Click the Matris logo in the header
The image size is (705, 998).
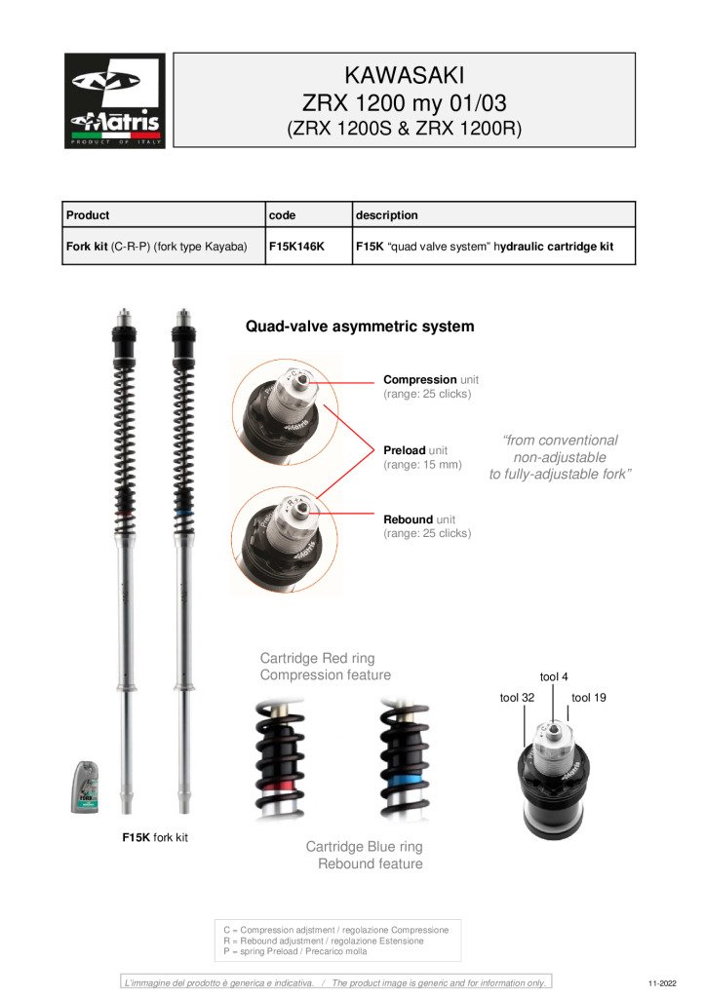(115, 100)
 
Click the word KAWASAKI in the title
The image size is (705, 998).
(404, 75)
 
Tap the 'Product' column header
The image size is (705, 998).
(88, 214)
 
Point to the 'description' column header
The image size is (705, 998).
(387, 214)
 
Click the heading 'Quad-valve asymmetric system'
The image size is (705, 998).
(359, 326)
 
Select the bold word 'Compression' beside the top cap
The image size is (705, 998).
(419, 379)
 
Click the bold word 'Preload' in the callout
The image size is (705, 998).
(405, 450)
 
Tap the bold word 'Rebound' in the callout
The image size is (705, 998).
(406, 519)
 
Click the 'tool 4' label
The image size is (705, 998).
(554, 676)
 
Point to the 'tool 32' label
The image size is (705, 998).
(517, 698)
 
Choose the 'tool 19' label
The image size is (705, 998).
(589, 698)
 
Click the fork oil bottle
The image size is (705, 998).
(85, 787)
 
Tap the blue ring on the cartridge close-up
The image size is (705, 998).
(404, 782)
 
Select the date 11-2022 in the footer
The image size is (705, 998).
(661, 983)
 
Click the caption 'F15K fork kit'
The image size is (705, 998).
(154, 837)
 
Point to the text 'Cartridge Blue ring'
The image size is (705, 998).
(364, 847)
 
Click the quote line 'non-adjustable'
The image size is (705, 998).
(560, 457)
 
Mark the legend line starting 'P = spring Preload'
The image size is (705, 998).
(295, 951)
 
